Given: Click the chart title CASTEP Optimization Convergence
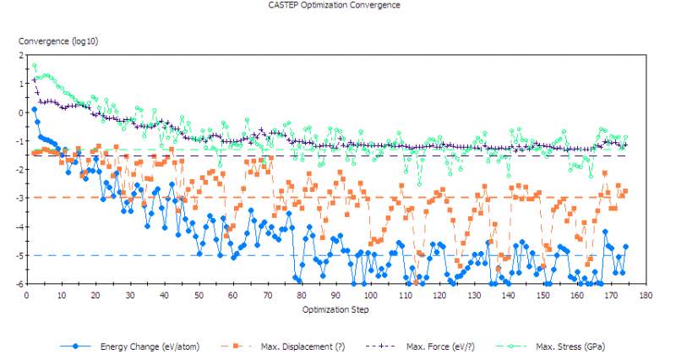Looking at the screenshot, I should (x=334, y=5).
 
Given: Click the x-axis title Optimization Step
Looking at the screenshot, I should (x=335, y=309).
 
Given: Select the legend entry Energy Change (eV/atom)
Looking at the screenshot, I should (x=150, y=346).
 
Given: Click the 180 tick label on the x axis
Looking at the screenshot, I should (x=646, y=296).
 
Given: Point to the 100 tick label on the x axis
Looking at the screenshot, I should (x=371, y=296).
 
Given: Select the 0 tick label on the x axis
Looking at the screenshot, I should (x=27, y=296).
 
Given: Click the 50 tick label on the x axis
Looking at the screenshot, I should (x=199, y=296).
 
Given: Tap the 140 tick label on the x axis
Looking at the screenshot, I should (x=509, y=296).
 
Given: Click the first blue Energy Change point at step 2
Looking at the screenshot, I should (x=34, y=109).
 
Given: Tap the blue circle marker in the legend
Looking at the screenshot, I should (x=76, y=346).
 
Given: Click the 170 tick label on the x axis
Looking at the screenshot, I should (x=612, y=296).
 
